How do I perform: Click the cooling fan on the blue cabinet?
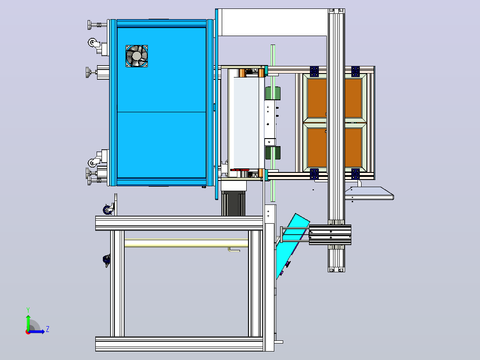click(x=137, y=56)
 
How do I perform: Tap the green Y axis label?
click(x=28, y=310)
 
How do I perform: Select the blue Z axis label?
click(x=48, y=329)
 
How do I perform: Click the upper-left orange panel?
click(x=317, y=98)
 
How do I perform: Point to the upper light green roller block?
click(x=273, y=94)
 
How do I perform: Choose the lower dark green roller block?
click(x=273, y=152)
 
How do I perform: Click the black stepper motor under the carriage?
click(x=233, y=204)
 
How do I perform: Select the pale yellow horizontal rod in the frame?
click(x=186, y=243)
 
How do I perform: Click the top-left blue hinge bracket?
click(x=314, y=71)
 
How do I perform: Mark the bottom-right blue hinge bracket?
click(x=355, y=174)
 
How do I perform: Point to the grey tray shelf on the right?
click(x=369, y=193)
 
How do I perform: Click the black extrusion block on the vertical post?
click(x=330, y=235)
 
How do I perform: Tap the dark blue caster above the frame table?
click(x=108, y=209)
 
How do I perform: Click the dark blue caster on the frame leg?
click(x=106, y=260)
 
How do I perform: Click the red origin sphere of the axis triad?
click(x=28, y=332)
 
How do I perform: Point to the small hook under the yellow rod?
click(x=234, y=250)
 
